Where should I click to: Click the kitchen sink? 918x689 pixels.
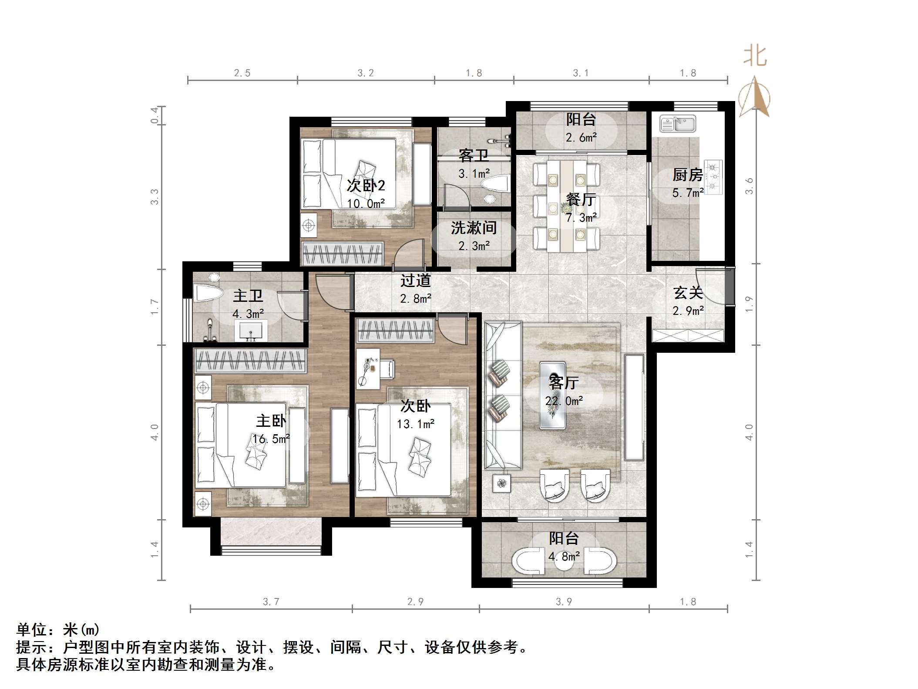click(677, 124)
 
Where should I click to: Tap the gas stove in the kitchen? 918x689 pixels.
click(712, 177)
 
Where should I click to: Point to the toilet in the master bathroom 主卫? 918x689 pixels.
click(208, 293)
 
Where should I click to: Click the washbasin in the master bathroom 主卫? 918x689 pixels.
click(251, 331)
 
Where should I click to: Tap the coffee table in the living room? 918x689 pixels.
click(553, 395)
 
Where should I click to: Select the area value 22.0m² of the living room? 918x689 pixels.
click(564, 401)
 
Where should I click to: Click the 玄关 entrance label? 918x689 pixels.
click(688, 293)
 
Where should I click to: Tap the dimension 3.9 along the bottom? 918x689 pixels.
click(564, 602)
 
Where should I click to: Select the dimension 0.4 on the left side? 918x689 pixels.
click(155, 115)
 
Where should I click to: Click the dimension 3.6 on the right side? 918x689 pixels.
click(749, 186)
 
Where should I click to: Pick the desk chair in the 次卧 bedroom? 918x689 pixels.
click(387, 368)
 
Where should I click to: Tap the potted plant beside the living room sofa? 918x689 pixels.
click(502, 483)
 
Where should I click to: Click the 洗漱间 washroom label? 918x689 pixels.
click(474, 228)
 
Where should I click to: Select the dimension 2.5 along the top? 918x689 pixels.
click(242, 73)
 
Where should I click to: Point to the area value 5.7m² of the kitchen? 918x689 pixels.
click(688, 193)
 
